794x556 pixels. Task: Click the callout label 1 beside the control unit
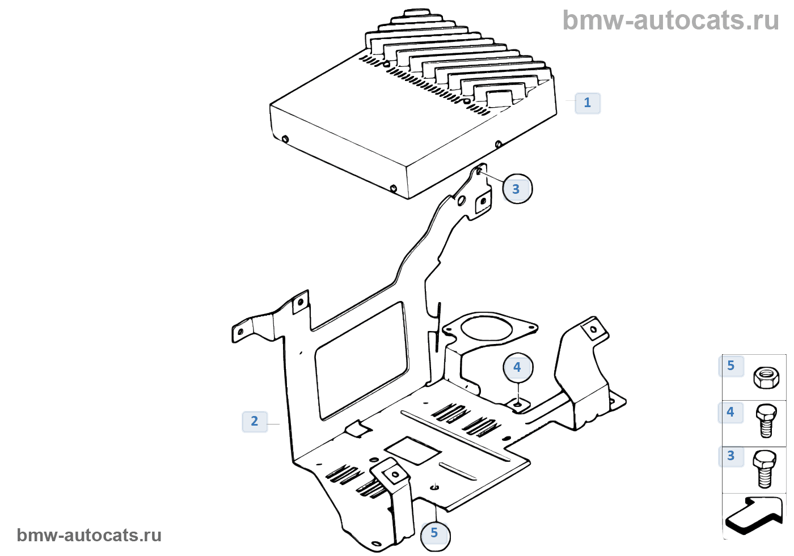tap(587, 103)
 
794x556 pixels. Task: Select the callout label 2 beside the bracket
tap(254, 421)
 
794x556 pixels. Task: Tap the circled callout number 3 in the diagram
tap(516, 189)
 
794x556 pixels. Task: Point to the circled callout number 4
tap(517, 367)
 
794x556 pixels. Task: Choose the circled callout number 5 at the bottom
tap(434, 533)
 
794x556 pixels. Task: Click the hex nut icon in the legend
tap(766, 377)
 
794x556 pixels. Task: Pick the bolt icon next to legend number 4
tap(766, 421)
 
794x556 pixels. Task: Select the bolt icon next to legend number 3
tap(765, 468)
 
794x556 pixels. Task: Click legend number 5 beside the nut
tap(730, 366)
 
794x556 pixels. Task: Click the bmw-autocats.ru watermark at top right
tap(671, 21)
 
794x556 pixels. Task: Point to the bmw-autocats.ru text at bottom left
tap(89, 536)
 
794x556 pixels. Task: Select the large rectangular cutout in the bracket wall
tap(362, 360)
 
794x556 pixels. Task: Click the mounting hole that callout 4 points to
tap(518, 405)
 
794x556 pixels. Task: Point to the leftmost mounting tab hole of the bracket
tap(240, 332)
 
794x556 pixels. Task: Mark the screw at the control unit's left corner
tap(285, 139)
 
